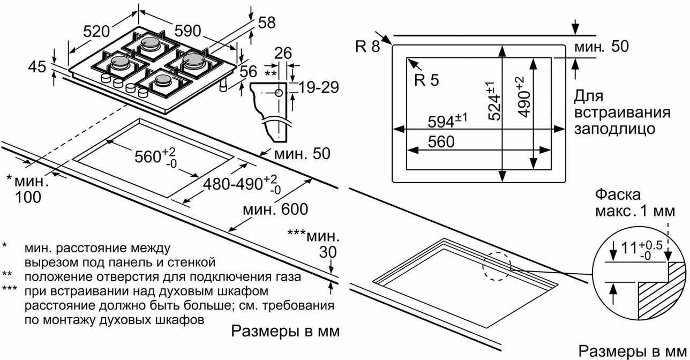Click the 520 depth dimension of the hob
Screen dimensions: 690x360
97,32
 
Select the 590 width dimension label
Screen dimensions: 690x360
187,31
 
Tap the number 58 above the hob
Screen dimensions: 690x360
267,23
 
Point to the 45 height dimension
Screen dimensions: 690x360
37,67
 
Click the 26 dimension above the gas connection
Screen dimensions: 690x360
283,53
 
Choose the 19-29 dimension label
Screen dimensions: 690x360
319,87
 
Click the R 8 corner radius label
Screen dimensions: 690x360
367,47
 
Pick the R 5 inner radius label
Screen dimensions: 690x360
426,80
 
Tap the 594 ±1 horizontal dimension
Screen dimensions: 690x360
447,121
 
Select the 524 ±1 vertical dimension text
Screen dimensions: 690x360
494,101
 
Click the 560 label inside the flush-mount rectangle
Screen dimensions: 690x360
441,141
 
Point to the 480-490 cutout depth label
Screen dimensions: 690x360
242,184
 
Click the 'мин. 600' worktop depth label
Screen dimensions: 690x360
275,209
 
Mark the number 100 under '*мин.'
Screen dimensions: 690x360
28,197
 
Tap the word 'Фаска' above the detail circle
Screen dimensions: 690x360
618,195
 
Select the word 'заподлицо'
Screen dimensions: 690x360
614,129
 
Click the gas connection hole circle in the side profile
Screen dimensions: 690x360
279,93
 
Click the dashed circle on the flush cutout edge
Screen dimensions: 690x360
497,267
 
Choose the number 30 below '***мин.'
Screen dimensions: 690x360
328,252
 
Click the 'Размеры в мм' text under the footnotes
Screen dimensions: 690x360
285,331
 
